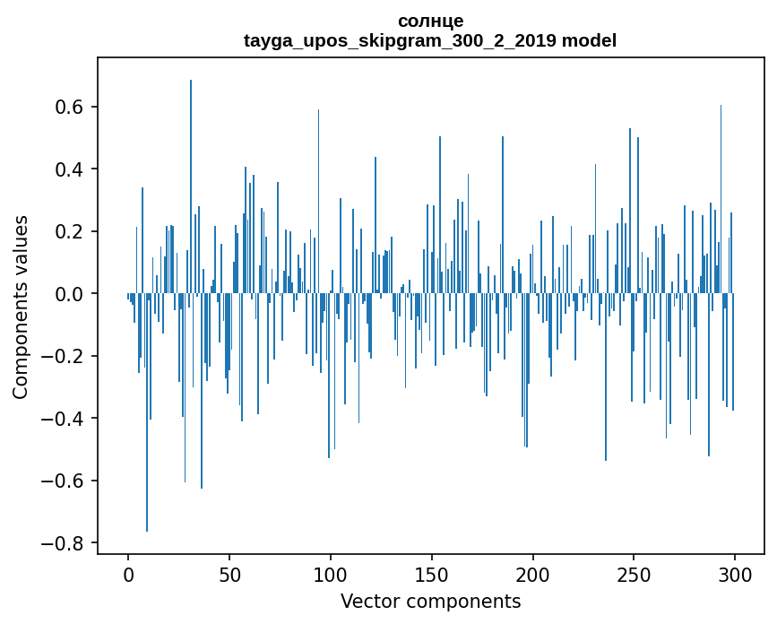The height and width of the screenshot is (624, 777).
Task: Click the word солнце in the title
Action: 430,21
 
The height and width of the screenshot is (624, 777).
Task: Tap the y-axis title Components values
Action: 21,307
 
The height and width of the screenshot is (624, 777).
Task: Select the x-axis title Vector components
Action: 430,601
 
